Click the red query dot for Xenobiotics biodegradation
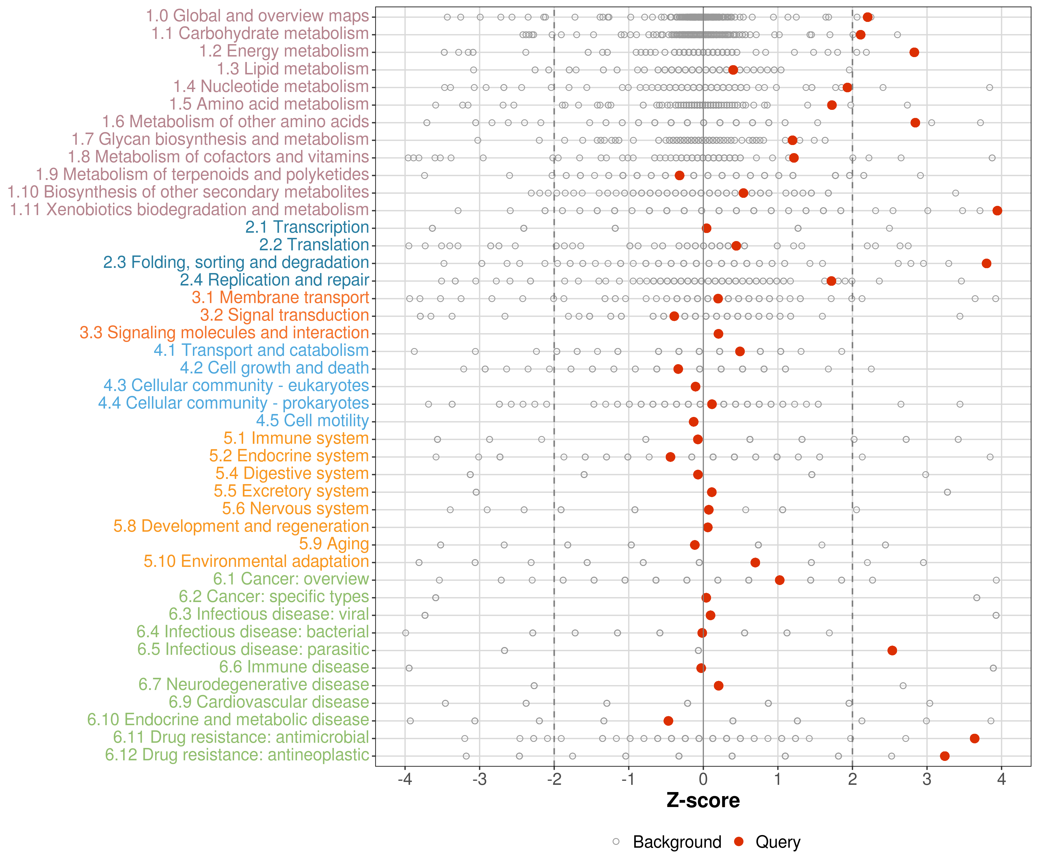(997, 210)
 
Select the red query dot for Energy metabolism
(914, 52)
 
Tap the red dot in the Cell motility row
(693, 422)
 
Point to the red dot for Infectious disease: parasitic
(892, 650)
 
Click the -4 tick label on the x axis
(405, 780)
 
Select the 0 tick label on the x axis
(703, 780)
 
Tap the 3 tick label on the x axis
(927, 780)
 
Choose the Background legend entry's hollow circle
(616, 841)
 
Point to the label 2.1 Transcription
(307, 227)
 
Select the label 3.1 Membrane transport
(280, 298)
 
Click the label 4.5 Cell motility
(312, 421)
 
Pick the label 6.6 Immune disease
(294, 667)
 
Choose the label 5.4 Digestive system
(292, 473)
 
